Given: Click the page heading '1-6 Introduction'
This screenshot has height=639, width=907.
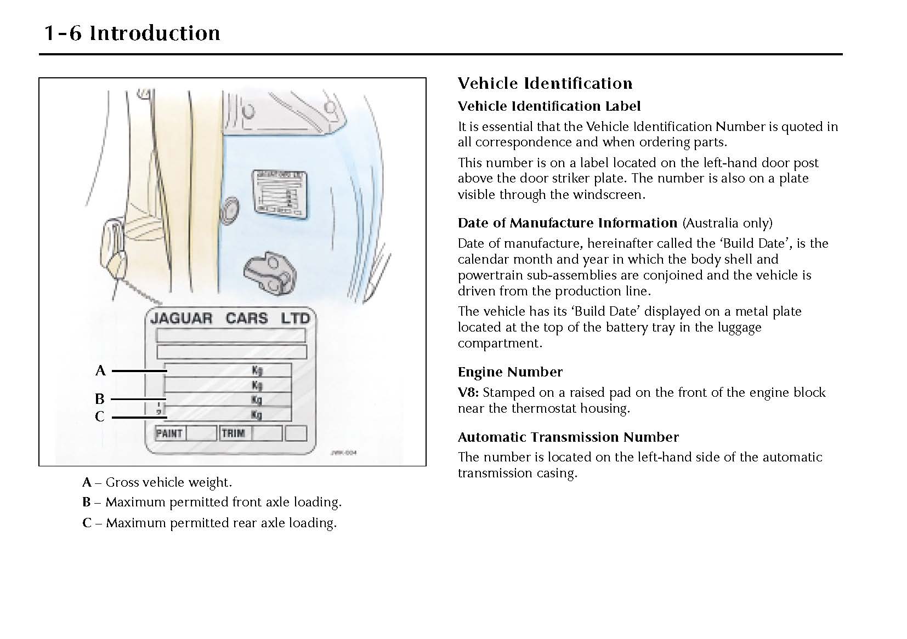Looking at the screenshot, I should [x=132, y=33].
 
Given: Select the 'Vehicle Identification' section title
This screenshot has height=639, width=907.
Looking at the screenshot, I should [x=545, y=83].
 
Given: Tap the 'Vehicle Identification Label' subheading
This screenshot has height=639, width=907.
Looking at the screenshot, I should [x=549, y=106].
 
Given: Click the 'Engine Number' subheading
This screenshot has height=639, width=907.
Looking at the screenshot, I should [x=510, y=372].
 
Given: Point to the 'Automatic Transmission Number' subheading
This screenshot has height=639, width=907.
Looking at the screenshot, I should [x=568, y=437].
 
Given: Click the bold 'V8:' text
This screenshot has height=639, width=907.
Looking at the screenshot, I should [x=468, y=392].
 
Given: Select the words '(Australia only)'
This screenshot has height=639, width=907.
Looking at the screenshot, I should [x=727, y=223].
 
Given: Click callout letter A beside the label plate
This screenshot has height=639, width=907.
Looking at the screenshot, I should [x=100, y=371].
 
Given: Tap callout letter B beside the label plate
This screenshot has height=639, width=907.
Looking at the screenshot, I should [x=99, y=399].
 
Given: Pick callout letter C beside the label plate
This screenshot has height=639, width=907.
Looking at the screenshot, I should [x=99, y=417].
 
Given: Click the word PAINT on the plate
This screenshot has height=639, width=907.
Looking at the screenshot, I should [x=169, y=433].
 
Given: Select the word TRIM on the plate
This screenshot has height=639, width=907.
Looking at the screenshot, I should [x=233, y=433].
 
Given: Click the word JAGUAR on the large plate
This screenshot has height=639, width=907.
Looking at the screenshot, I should [x=181, y=318].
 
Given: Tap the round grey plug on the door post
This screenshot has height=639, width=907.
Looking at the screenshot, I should [x=229, y=210].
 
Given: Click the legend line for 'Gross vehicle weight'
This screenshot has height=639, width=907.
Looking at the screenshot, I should [x=157, y=482].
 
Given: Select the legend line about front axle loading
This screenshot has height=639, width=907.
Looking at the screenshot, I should [x=212, y=502].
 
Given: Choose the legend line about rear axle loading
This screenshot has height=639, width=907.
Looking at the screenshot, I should [x=209, y=523].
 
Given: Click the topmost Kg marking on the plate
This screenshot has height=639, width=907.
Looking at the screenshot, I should [x=257, y=370].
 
